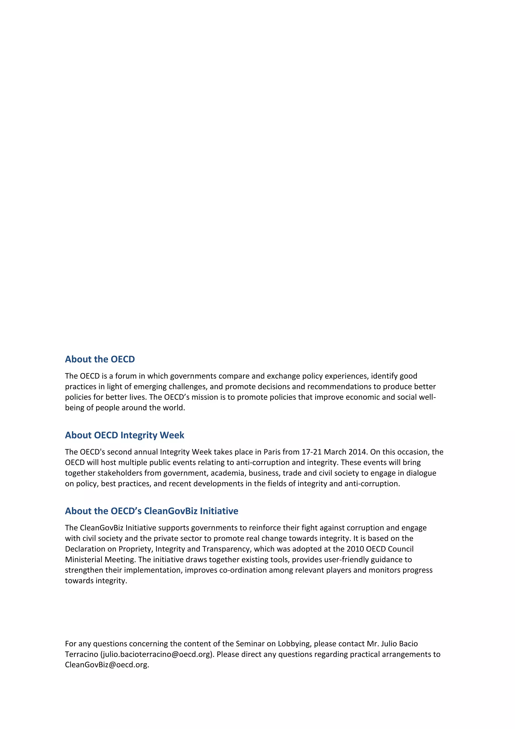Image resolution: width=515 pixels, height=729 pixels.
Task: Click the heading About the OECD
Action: (x=100, y=359)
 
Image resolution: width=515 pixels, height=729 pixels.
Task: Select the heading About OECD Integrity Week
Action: (x=124, y=435)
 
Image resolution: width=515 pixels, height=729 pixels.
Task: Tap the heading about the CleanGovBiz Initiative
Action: (x=151, y=511)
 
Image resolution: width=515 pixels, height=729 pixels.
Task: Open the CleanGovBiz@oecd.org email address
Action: (x=106, y=665)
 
